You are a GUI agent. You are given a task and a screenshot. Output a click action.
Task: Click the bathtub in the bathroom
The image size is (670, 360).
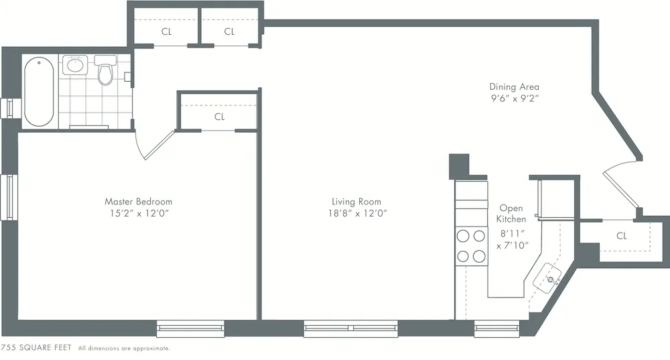coord(39,92)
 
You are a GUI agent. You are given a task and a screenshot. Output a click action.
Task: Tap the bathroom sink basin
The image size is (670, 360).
coord(74,66)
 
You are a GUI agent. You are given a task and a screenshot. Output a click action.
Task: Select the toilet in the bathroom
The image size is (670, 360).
coord(105,72)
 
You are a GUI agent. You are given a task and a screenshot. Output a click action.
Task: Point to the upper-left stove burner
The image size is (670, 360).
coord(463,235)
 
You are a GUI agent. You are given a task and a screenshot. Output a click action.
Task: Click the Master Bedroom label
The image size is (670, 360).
coord(138,201)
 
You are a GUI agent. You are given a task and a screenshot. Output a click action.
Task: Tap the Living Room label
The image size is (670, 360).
coord(356,201)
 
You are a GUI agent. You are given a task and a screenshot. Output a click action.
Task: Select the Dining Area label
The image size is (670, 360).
coord(514,86)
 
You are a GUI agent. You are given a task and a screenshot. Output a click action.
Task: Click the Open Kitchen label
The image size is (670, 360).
coord(511,213)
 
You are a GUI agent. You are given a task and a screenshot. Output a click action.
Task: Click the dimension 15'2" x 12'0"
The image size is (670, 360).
coord(138,213)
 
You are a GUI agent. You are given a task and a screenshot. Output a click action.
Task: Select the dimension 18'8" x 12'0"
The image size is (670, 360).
coord(356,213)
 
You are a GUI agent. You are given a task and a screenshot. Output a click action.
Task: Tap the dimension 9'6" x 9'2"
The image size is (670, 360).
coord(514,99)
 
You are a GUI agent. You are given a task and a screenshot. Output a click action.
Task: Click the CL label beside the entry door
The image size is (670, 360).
coord(621,236)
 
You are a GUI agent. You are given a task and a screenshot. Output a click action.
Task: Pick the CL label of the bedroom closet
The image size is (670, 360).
coord(219,117)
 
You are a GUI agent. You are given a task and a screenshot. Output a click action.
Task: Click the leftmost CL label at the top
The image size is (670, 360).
coord(167,32)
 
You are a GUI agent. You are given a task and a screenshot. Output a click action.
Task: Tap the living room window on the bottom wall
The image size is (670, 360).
coord(350,328)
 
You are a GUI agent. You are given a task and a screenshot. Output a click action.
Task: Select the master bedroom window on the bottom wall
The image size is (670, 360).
coord(190,328)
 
